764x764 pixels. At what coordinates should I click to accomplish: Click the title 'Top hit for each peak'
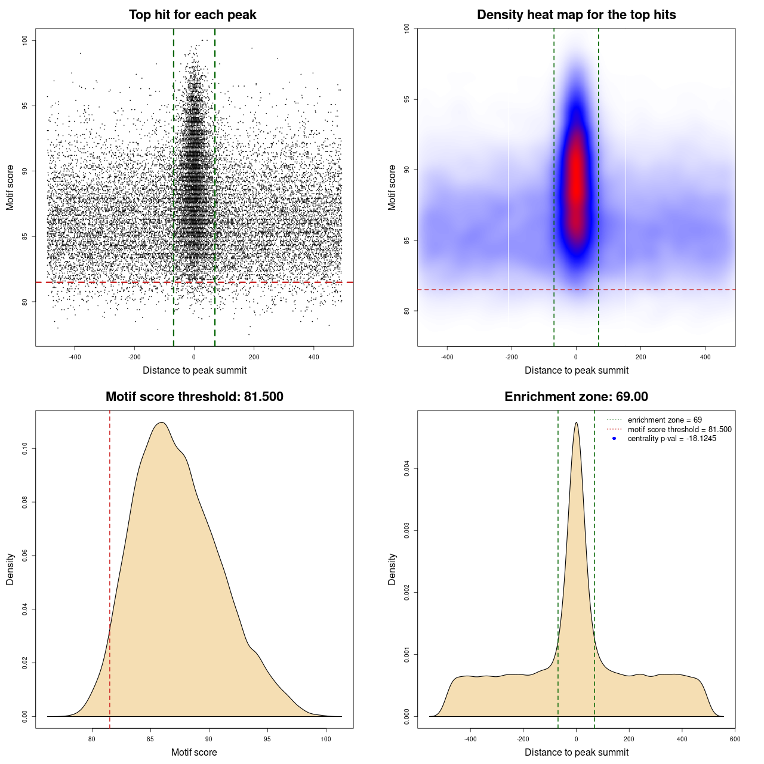click(192, 15)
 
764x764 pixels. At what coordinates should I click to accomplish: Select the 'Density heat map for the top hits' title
click(576, 15)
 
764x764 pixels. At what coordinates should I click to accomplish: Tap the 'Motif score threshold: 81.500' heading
click(194, 397)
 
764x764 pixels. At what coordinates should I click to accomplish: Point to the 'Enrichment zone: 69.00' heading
click(576, 397)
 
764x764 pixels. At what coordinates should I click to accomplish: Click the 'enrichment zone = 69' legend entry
click(664, 420)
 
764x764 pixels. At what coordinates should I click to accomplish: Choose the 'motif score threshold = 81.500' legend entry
click(679, 429)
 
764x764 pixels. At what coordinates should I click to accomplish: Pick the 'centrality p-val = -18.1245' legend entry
click(671, 439)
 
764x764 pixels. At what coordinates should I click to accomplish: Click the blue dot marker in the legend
click(614, 439)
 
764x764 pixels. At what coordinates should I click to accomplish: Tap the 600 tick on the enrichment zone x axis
click(735, 739)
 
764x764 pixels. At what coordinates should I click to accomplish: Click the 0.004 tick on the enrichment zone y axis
click(407, 469)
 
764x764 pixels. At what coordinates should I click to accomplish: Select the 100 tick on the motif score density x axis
click(325, 739)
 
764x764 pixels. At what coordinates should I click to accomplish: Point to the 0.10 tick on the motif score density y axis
click(25, 449)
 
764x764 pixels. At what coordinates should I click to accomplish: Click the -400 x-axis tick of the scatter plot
click(75, 357)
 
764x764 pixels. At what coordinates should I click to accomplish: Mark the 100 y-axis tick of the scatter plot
click(25, 40)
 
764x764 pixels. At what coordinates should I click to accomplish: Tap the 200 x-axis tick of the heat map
click(640, 357)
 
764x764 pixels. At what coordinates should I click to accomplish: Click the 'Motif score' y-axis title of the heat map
click(392, 187)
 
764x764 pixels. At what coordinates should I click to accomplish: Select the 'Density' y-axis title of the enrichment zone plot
click(392, 569)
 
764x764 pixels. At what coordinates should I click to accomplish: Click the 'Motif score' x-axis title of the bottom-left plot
click(194, 752)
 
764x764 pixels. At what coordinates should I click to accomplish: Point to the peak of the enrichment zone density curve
click(576, 423)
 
